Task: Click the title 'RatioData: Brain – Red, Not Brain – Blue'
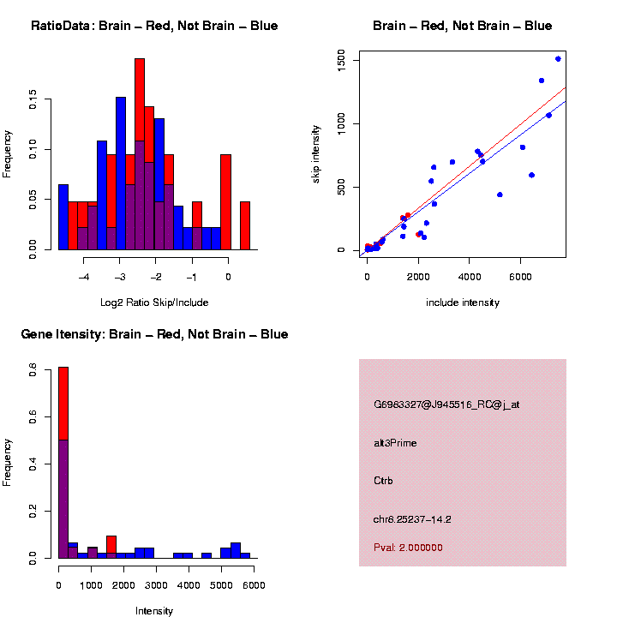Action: coord(154,26)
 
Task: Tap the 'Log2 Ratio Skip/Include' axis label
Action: coord(154,303)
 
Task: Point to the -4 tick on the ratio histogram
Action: coord(84,276)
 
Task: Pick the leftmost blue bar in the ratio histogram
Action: coord(63,217)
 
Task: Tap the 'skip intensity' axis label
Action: coord(316,150)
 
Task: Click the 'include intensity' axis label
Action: coord(463,303)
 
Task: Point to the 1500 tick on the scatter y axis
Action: coord(341,58)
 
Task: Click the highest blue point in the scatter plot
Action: coord(558,59)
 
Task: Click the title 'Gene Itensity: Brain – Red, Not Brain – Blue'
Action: coord(154,334)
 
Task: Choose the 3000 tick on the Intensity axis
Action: coord(156,584)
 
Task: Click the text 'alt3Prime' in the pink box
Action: coord(396,443)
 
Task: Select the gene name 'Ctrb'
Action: coord(383,481)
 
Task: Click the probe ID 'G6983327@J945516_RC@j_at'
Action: coord(446,404)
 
